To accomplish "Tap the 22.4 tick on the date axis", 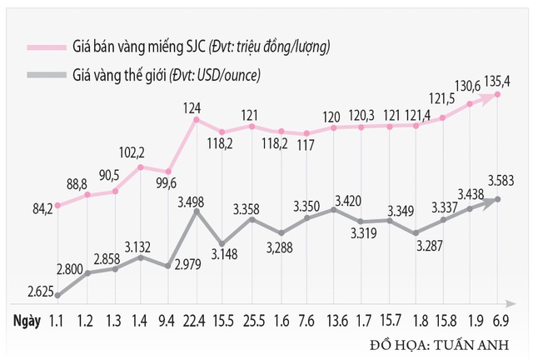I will coord(196,321).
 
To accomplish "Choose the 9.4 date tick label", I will coord(168,321).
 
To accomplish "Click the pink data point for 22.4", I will coord(196,120).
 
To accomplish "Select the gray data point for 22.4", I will coord(196,212).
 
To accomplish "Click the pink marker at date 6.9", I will coord(498,94).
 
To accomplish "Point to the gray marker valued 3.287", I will coord(416,233).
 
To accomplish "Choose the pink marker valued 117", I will coord(306,133).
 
